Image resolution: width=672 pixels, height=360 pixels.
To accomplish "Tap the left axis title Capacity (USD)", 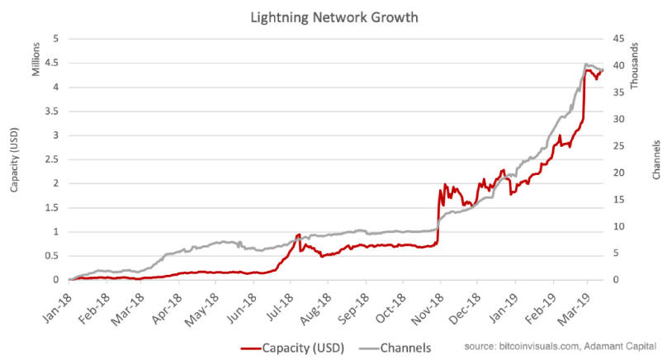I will click(15, 159).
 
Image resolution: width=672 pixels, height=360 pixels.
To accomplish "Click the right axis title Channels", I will click(656, 159).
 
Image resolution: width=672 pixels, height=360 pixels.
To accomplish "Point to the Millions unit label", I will click(36, 59).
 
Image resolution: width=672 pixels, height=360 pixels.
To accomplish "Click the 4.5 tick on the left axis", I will click(51, 63).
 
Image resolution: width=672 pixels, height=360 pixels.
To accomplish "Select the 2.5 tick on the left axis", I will click(51, 159).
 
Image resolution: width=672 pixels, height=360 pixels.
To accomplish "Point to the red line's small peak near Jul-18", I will click(297, 235).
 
